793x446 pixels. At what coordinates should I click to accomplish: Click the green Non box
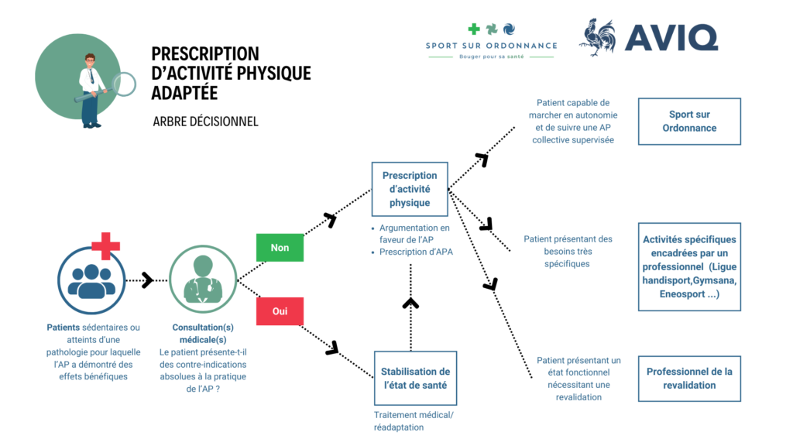[x=280, y=248]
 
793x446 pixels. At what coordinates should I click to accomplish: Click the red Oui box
[x=280, y=310]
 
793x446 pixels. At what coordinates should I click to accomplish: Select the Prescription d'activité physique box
[x=410, y=189]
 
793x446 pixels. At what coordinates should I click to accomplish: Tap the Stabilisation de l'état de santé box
[x=415, y=378]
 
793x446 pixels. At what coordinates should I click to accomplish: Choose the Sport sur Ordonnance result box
[x=689, y=121]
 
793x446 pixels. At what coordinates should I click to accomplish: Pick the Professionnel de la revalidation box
[x=689, y=379]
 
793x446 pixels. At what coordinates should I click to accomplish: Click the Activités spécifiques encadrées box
[x=689, y=266]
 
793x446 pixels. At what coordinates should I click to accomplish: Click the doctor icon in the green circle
[x=203, y=280]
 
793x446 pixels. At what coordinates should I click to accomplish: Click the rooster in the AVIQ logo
[x=598, y=38]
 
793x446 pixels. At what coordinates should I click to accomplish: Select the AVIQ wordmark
[x=671, y=38]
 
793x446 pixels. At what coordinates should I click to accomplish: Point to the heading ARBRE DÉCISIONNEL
[x=205, y=122]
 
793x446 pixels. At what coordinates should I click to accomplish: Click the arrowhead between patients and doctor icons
[x=147, y=280]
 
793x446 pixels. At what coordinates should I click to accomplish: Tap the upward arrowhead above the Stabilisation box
[x=410, y=304]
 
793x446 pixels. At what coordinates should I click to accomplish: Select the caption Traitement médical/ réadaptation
[x=414, y=421]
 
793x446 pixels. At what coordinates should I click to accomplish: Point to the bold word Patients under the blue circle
[x=63, y=328]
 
